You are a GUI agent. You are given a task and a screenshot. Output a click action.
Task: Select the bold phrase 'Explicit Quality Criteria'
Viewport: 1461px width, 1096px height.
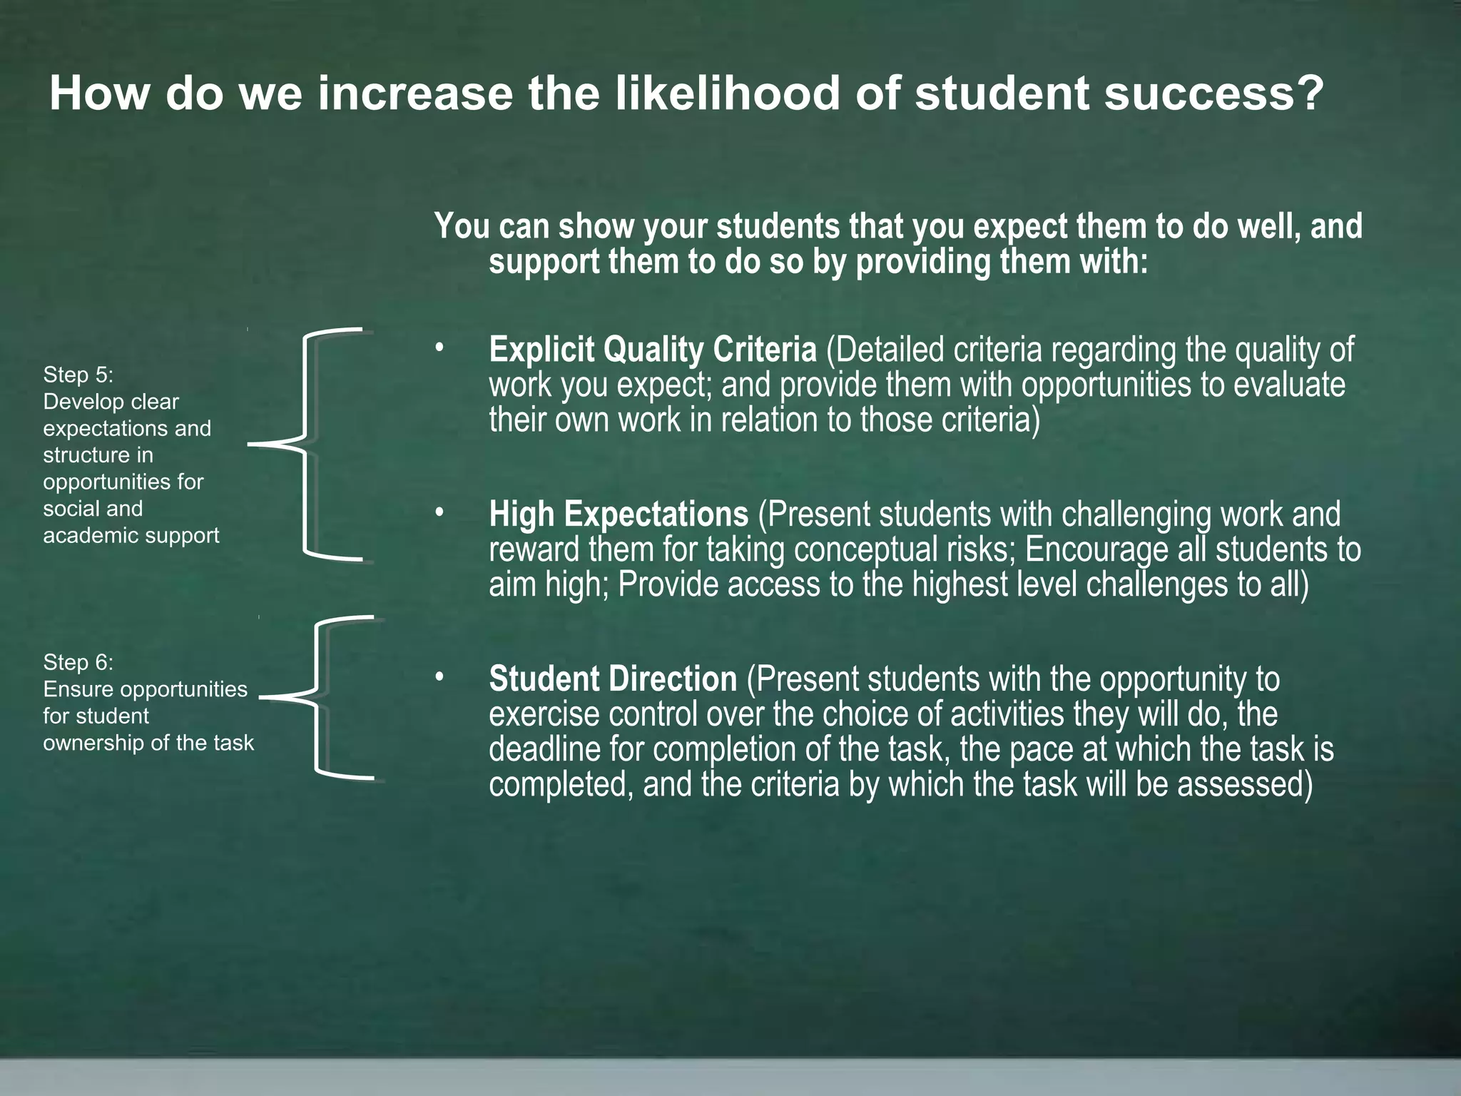[652, 350]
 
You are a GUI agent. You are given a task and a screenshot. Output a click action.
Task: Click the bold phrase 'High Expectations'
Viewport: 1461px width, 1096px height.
[618, 514]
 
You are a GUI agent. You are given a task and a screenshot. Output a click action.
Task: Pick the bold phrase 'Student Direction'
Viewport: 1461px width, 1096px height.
[612, 679]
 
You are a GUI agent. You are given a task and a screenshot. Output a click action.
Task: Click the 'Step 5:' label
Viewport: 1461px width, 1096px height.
[78, 375]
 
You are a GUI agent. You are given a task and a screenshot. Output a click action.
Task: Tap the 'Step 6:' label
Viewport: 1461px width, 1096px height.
[78, 662]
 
